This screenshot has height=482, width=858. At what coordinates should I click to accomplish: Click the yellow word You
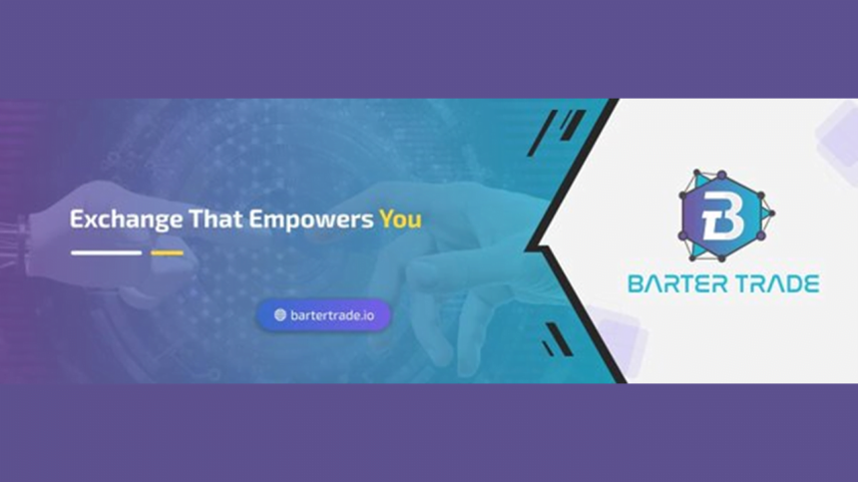tap(400, 219)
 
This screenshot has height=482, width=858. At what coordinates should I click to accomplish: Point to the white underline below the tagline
tap(106, 252)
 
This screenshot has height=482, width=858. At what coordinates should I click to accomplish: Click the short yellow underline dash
tap(167, 252)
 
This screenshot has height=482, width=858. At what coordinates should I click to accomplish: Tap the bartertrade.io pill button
tap(323, 314)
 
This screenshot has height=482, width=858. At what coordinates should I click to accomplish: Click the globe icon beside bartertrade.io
tap(280, 314)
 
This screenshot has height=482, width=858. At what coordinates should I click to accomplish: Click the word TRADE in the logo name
tap(779, 284)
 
